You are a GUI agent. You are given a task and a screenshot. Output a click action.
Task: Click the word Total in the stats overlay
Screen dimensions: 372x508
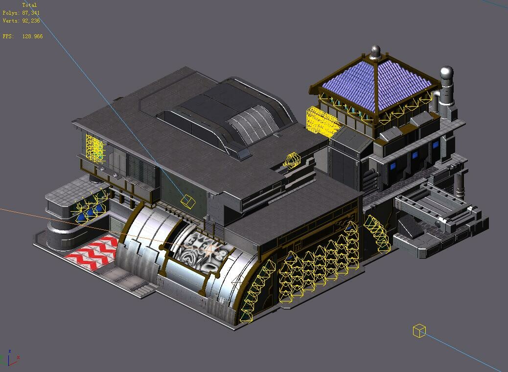29,5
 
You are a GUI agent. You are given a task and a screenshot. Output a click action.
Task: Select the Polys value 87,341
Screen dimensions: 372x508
31,13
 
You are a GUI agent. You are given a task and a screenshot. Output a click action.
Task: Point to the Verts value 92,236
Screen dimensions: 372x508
31,21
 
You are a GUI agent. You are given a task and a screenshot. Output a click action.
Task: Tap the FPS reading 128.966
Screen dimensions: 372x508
32,36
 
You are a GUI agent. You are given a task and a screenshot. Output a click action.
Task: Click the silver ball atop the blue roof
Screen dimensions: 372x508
375,50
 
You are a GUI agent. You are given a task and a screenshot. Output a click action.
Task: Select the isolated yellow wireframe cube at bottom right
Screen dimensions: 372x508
419,331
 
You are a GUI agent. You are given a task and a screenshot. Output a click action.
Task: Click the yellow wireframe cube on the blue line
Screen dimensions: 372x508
188,200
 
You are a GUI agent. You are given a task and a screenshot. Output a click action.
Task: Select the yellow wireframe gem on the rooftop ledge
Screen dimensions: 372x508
292,160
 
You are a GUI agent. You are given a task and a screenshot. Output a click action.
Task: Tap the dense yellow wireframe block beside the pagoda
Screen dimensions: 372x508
322,121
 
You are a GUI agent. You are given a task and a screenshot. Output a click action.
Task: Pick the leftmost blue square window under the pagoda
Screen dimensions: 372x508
392,166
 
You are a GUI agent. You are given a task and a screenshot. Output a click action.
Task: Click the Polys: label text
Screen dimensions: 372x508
11,13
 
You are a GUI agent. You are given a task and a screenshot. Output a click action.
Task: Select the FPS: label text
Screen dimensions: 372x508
8,36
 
